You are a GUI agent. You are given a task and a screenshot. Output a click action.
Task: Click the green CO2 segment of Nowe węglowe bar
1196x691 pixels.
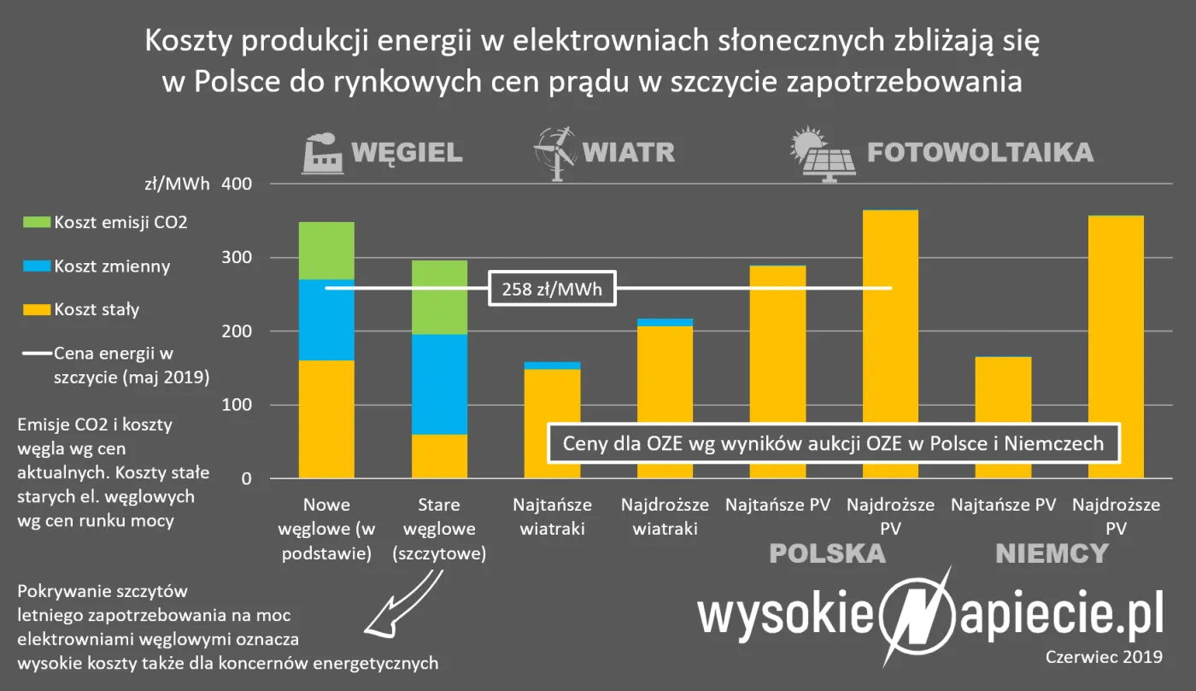(326, 250)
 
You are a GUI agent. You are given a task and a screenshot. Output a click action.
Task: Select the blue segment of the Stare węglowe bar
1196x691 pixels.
(439, 384)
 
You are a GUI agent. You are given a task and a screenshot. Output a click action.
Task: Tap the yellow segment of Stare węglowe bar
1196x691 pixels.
(439, 456)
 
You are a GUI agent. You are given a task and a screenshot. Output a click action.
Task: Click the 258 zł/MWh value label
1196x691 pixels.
(552, 290)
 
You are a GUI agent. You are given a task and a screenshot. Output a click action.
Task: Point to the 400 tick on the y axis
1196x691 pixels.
(238, 184)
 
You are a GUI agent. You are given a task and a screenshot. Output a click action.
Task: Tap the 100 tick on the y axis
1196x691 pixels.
(238, 406)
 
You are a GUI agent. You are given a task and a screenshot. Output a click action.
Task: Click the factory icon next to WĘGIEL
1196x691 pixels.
(324, 154)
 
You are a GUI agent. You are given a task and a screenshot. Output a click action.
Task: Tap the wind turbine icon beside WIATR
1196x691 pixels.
(554, 154)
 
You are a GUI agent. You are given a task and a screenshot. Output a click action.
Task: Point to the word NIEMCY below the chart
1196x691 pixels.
(1052, 554)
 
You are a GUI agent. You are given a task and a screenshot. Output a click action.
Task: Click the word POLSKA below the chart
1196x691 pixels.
(827, 554)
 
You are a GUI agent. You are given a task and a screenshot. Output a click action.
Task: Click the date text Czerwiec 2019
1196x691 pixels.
(1103, 657)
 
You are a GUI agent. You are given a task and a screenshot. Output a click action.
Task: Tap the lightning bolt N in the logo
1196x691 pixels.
(914, 615)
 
